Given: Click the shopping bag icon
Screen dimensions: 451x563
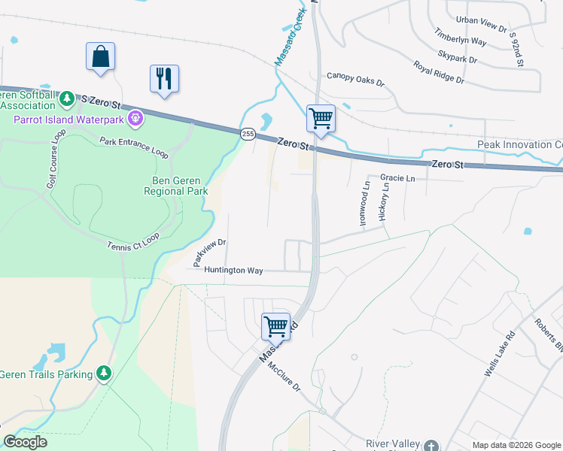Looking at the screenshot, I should click(x=100, y=57).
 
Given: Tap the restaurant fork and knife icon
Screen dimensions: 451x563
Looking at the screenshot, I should click(x=164, y=78).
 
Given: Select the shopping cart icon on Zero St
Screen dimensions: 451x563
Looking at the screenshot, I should click(x=321, y=118).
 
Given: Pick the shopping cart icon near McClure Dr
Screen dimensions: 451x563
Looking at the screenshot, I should click(x=275, y=326).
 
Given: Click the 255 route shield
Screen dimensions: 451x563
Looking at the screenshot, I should click(x=248, y=133).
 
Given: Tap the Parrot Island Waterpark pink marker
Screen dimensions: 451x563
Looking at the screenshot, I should click(x=135, y=117).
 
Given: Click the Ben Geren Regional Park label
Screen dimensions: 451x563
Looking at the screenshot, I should click(x=175, y=186).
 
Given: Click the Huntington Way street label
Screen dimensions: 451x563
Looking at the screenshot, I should click(x=233, y=270).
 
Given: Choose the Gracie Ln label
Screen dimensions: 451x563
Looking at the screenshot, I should click(x=397, y=178).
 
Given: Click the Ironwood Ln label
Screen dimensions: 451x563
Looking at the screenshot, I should click(x=367, y=195).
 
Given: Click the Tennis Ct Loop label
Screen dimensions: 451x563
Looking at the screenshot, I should click(x=133, y=241).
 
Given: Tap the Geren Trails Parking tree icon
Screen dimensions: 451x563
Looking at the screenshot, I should click(x=104, y=373).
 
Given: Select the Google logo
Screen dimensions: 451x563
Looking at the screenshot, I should click(x=25, y=441).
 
